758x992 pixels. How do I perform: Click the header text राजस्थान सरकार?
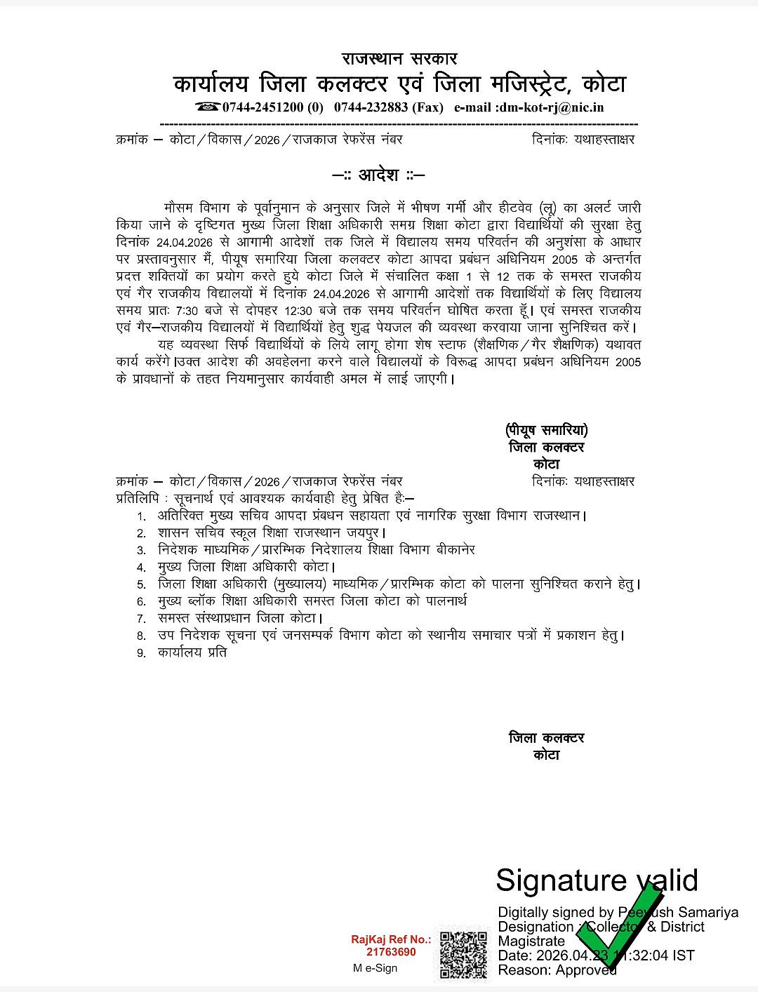(x=399, y=58)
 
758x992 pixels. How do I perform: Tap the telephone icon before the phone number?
(x=208, y=107)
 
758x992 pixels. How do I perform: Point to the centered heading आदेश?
(x=378, y=175)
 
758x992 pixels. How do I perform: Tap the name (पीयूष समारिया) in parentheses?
(x=546, y=429)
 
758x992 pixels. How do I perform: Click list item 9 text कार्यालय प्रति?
(x=192, y=652)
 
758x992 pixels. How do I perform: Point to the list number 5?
(x=141, y=584)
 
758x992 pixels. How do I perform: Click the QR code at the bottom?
(x=463, y=954)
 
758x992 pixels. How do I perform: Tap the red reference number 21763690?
(x=391, y=952)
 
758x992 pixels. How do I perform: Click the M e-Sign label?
(x=375, y=968)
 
